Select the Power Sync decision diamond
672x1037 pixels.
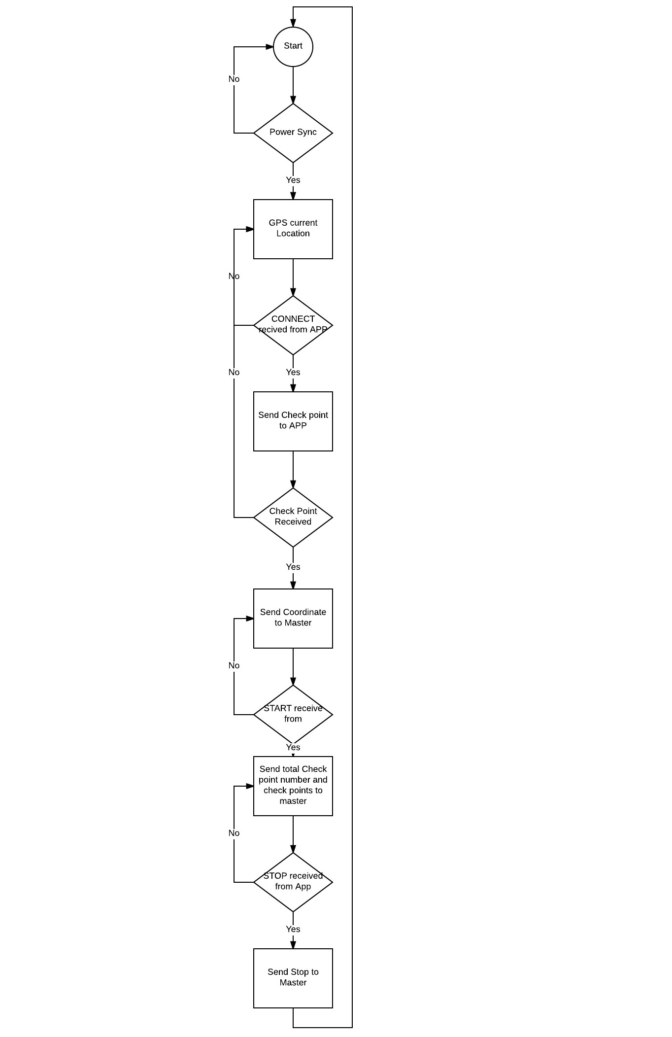pos(293,133)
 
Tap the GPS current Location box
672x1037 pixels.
pos(293,229)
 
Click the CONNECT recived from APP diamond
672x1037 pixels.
pos(293,325)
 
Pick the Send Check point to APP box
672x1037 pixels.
pos(293,421)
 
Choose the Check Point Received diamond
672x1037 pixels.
pos(293,517)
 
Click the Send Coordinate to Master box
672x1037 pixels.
pos(293,618)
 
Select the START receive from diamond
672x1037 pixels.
pos(293,714)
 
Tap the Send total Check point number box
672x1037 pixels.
pos(293,786)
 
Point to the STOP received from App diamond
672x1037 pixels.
pos(293,882)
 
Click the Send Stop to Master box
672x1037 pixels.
pos(293,978)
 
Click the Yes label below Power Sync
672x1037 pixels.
pos(293,180)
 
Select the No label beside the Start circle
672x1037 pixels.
pos(234,79)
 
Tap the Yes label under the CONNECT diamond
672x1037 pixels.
pos(293,372)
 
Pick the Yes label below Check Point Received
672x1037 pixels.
pos(293,567)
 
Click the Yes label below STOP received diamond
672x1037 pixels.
pos(293,929)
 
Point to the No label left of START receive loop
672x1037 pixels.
pos(234,665)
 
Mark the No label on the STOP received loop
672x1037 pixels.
pos(234,833)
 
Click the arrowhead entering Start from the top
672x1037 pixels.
pos(293,23)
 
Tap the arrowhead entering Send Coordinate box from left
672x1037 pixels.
pos(250,619)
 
